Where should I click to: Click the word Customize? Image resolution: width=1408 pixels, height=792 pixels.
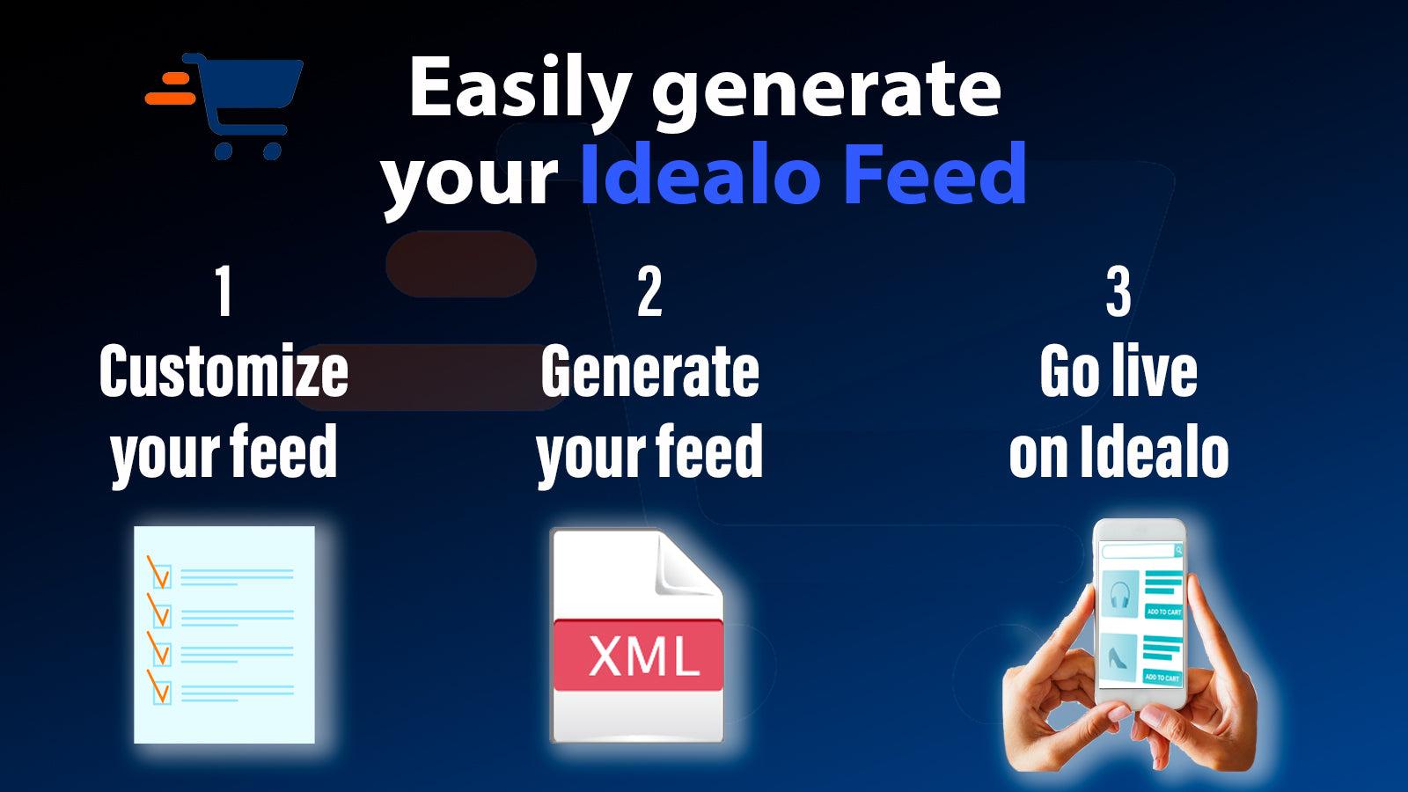(224, 371)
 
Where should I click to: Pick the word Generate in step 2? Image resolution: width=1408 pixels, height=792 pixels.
(649, 371)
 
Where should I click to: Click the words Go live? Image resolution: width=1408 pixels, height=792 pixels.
(1118, 371)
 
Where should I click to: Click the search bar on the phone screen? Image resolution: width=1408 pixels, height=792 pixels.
(1140, 551)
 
